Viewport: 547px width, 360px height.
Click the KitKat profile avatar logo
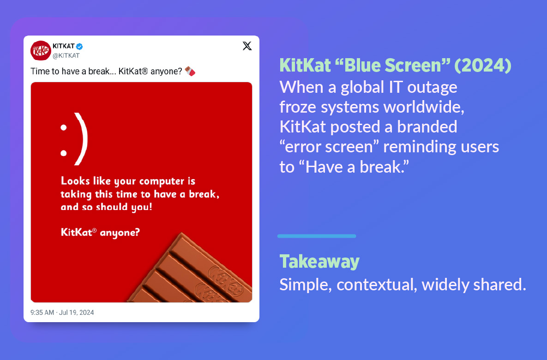click(41, 51)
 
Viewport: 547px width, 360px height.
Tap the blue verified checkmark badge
click(79, 47)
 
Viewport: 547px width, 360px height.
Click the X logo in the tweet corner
click(247, 46)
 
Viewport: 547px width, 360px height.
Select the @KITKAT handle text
click(66, 56)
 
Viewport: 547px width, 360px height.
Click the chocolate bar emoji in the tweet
click(190, 72)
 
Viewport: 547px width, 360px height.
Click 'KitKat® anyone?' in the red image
click(100, 232)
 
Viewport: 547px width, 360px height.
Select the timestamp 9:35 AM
click(42, 312)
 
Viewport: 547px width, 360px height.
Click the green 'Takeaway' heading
click(319, 262)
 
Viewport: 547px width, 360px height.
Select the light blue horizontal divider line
click(317, 236)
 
